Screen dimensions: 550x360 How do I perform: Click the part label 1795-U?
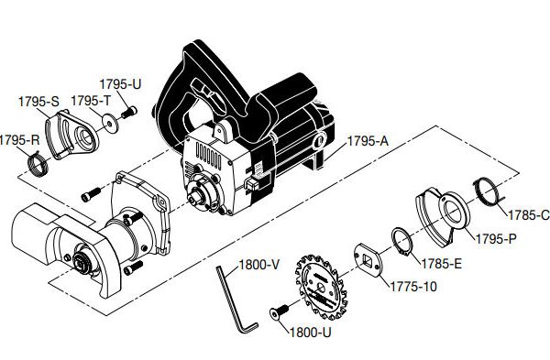[120, 84]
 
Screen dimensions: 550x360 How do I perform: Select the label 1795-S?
[38, 102]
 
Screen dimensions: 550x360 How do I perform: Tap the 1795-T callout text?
[91, 101]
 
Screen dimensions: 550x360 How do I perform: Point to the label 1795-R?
[19, 140]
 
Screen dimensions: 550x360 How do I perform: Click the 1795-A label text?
[368, 141]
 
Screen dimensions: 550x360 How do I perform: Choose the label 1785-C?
[529, 215]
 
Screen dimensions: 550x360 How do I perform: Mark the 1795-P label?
[496, 239]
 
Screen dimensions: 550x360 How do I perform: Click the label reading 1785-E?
[441, 264]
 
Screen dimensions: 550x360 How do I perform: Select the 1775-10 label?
[413, 287]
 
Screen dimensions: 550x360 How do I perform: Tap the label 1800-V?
[258, 265]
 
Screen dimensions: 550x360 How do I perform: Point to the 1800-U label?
[311, 333]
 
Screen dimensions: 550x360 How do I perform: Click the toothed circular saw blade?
[321, 287]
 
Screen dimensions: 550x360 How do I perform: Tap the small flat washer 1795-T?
[110, 123]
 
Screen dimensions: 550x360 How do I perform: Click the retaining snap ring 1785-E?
[402, 242]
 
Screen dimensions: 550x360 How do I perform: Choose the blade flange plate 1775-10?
[368, 260]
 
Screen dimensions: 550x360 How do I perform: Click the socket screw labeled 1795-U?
[128, 113]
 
